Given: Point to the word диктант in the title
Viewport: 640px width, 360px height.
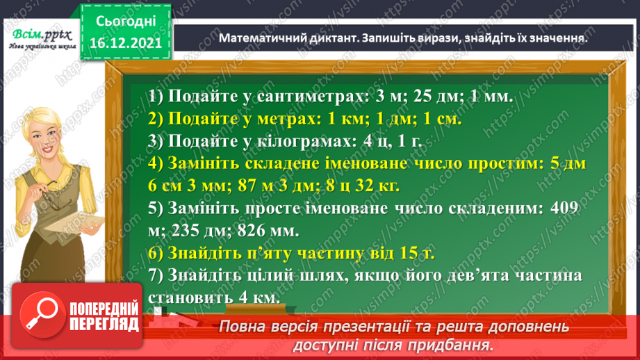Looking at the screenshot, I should (334, 39).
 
